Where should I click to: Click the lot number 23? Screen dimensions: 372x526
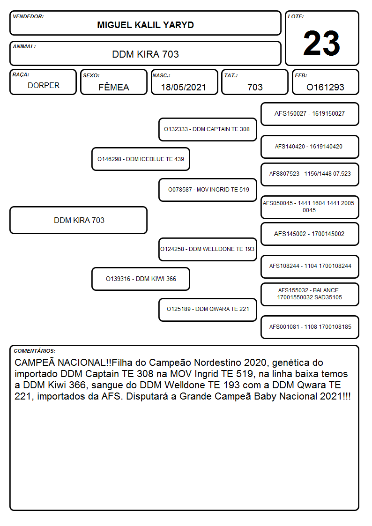pos(321,43)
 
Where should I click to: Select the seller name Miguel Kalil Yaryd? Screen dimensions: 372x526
pos(145,25)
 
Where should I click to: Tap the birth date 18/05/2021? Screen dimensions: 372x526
pos(184,87)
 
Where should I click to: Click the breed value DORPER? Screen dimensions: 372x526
pos(44,86)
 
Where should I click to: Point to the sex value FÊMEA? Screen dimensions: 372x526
pos(114,87)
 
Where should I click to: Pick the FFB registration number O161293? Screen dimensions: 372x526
pos(325,87)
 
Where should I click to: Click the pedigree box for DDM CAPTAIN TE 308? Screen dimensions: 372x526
pos(208,129)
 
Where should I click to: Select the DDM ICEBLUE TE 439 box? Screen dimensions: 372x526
pos(141,159)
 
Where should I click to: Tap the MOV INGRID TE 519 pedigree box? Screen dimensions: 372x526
pos(208,190)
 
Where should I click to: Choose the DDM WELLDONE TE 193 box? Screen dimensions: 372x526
pos(208,249)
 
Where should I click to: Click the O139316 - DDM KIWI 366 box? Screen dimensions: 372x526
pos(141,279)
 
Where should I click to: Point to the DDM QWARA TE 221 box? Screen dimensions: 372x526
pos(208,309)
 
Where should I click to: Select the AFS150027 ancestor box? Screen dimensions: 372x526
pos(310,114)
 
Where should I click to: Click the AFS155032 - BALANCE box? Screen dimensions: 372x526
pos(310,294)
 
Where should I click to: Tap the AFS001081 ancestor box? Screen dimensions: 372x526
pos(310,327)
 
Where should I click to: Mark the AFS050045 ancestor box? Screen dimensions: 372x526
pos(310,207)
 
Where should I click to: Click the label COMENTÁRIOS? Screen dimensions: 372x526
pos(35,351)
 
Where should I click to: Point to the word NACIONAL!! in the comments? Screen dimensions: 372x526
pos(84,363)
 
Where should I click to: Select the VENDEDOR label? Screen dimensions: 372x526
pos(28,16)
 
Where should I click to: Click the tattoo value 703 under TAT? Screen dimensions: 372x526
pos(255,87)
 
